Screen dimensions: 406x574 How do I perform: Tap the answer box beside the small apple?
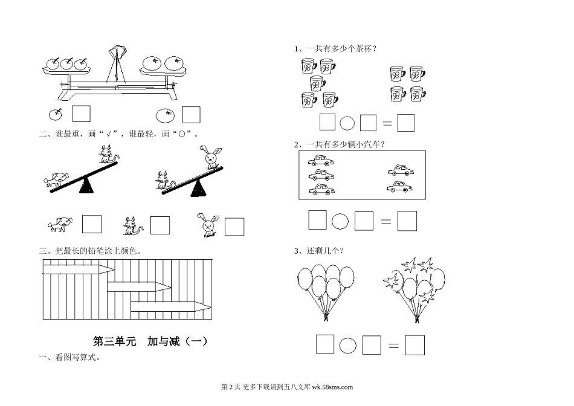coord(81,114)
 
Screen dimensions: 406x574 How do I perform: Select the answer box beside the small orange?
coord(192,114)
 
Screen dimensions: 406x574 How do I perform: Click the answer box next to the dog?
coord(92,224)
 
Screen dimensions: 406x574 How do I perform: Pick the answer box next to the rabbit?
coord(234,227)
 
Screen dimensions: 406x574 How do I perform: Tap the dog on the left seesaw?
coord(56,179)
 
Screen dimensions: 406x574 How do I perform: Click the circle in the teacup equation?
coord(347,123)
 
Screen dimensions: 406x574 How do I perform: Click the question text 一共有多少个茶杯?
coord(338,49)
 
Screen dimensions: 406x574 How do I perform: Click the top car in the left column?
coord(321,161)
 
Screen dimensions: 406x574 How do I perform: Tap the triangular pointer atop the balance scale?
coord(117,51)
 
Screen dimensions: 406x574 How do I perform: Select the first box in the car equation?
coord(317,220)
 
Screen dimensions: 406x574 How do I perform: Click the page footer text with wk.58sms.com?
coord(287,388)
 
